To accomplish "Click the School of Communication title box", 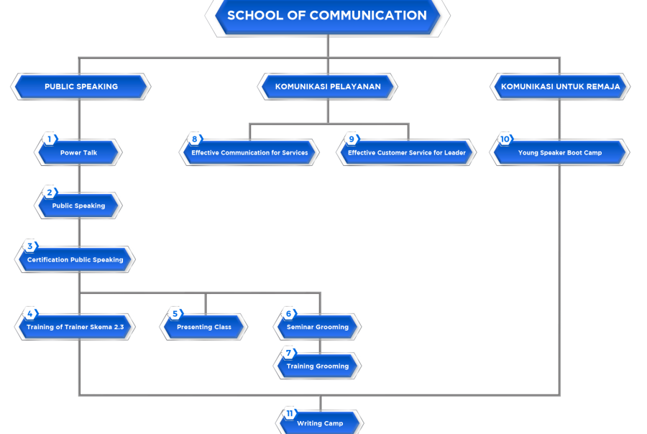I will pyautogui.click(x=327, y=16).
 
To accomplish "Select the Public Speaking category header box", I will pyautogui.click(x=81, y=86).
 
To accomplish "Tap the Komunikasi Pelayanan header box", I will pyautogui.click(x=328, y=86).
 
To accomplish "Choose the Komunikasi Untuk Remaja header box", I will pyautogui.click(x=560, y=86).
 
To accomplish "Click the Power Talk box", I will pyautogui.click(x=78, y=152).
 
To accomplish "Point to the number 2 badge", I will pyautogui.click(x=50, y=193).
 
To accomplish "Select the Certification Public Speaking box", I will pyautogui.click(x=75, y=259).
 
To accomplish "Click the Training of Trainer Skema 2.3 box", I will pyautogui.click(x=75, y=327).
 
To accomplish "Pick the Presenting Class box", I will pyautogui.click(x=204, y=327).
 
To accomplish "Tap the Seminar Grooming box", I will pyautogui.click(x=317, y=327).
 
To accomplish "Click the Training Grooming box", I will pyautogui.click(x=317, y=366).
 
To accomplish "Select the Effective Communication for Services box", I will pyautogui.click(x=249, y=152).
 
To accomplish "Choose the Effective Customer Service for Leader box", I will pyautogui.click(x=407, y=152).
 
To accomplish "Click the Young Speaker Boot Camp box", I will pyautogui.click(x=560, y=152).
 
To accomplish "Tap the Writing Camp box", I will pyautogui.click(x=320, y=423).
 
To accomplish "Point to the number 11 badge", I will pyautogui.click(x=289, y=413).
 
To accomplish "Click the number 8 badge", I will pyautogui.click(x=194, y=139).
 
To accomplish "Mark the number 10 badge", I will pyautogui.click(x=505, y=139).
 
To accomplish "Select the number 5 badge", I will pyautogui.click(x=175, y=313).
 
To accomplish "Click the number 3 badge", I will pyautogui.click(x=29, y=246).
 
